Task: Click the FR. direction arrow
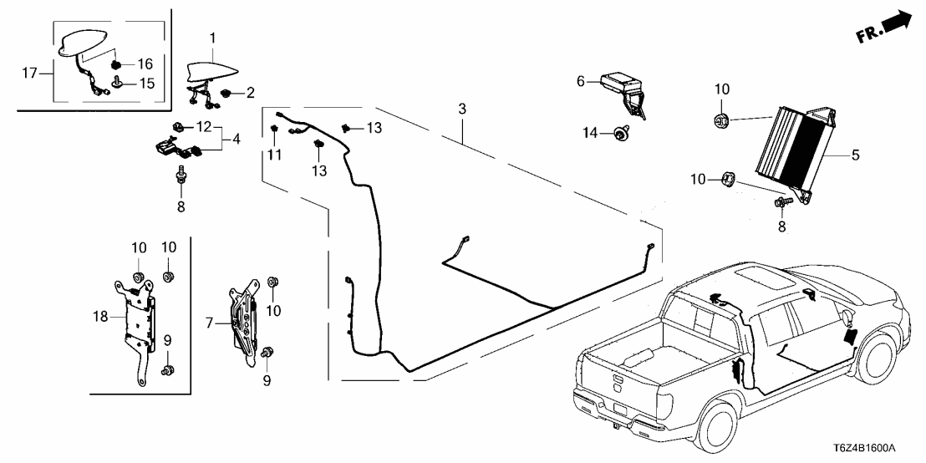click(x=886, y=28)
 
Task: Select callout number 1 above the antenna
click(x=212, y=38)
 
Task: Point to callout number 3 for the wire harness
click(x=460, y=109)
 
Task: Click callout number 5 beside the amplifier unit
click(x=855, y=155)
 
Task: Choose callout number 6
click(x=580, y=81)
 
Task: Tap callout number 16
click(x=145, y=64)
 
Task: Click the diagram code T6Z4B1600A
click(x=873, y=448)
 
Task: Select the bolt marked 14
click(x=621, y=131)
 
